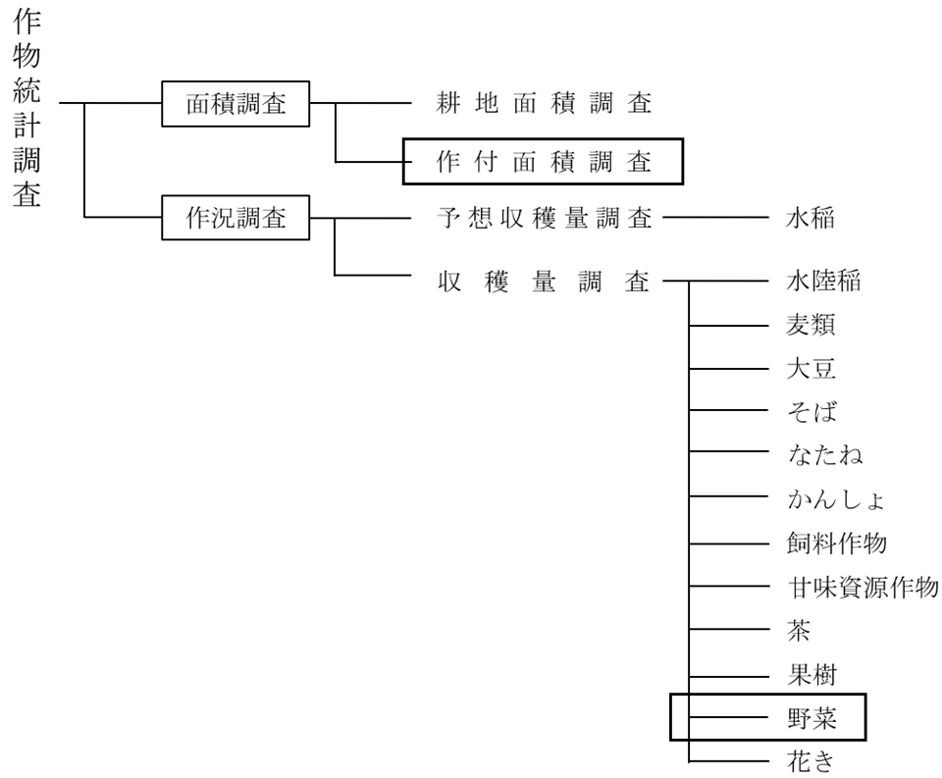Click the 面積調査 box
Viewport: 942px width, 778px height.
click(x=235, y=103)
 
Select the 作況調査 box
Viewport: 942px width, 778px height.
click(x=235, y=218)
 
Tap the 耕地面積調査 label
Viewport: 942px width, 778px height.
click(x=544, y=103)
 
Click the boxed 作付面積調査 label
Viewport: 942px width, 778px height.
click(x=543, y=162)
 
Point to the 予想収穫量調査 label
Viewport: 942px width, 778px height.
click(x=544, y=218)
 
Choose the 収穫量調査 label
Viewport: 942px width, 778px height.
click(x=544, y=282)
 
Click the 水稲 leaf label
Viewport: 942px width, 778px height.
click(x=811, y=218)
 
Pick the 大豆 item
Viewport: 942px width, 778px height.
click(x=811, y=370)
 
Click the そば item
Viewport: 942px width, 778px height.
click(x=811, y=412)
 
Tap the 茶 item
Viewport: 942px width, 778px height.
click(x=799, y=631)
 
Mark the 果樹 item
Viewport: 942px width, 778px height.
click(x=811, y=674)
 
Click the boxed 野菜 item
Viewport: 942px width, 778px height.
click(x=811, y=718)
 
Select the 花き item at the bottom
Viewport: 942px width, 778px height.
click(x=811, y=761)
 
